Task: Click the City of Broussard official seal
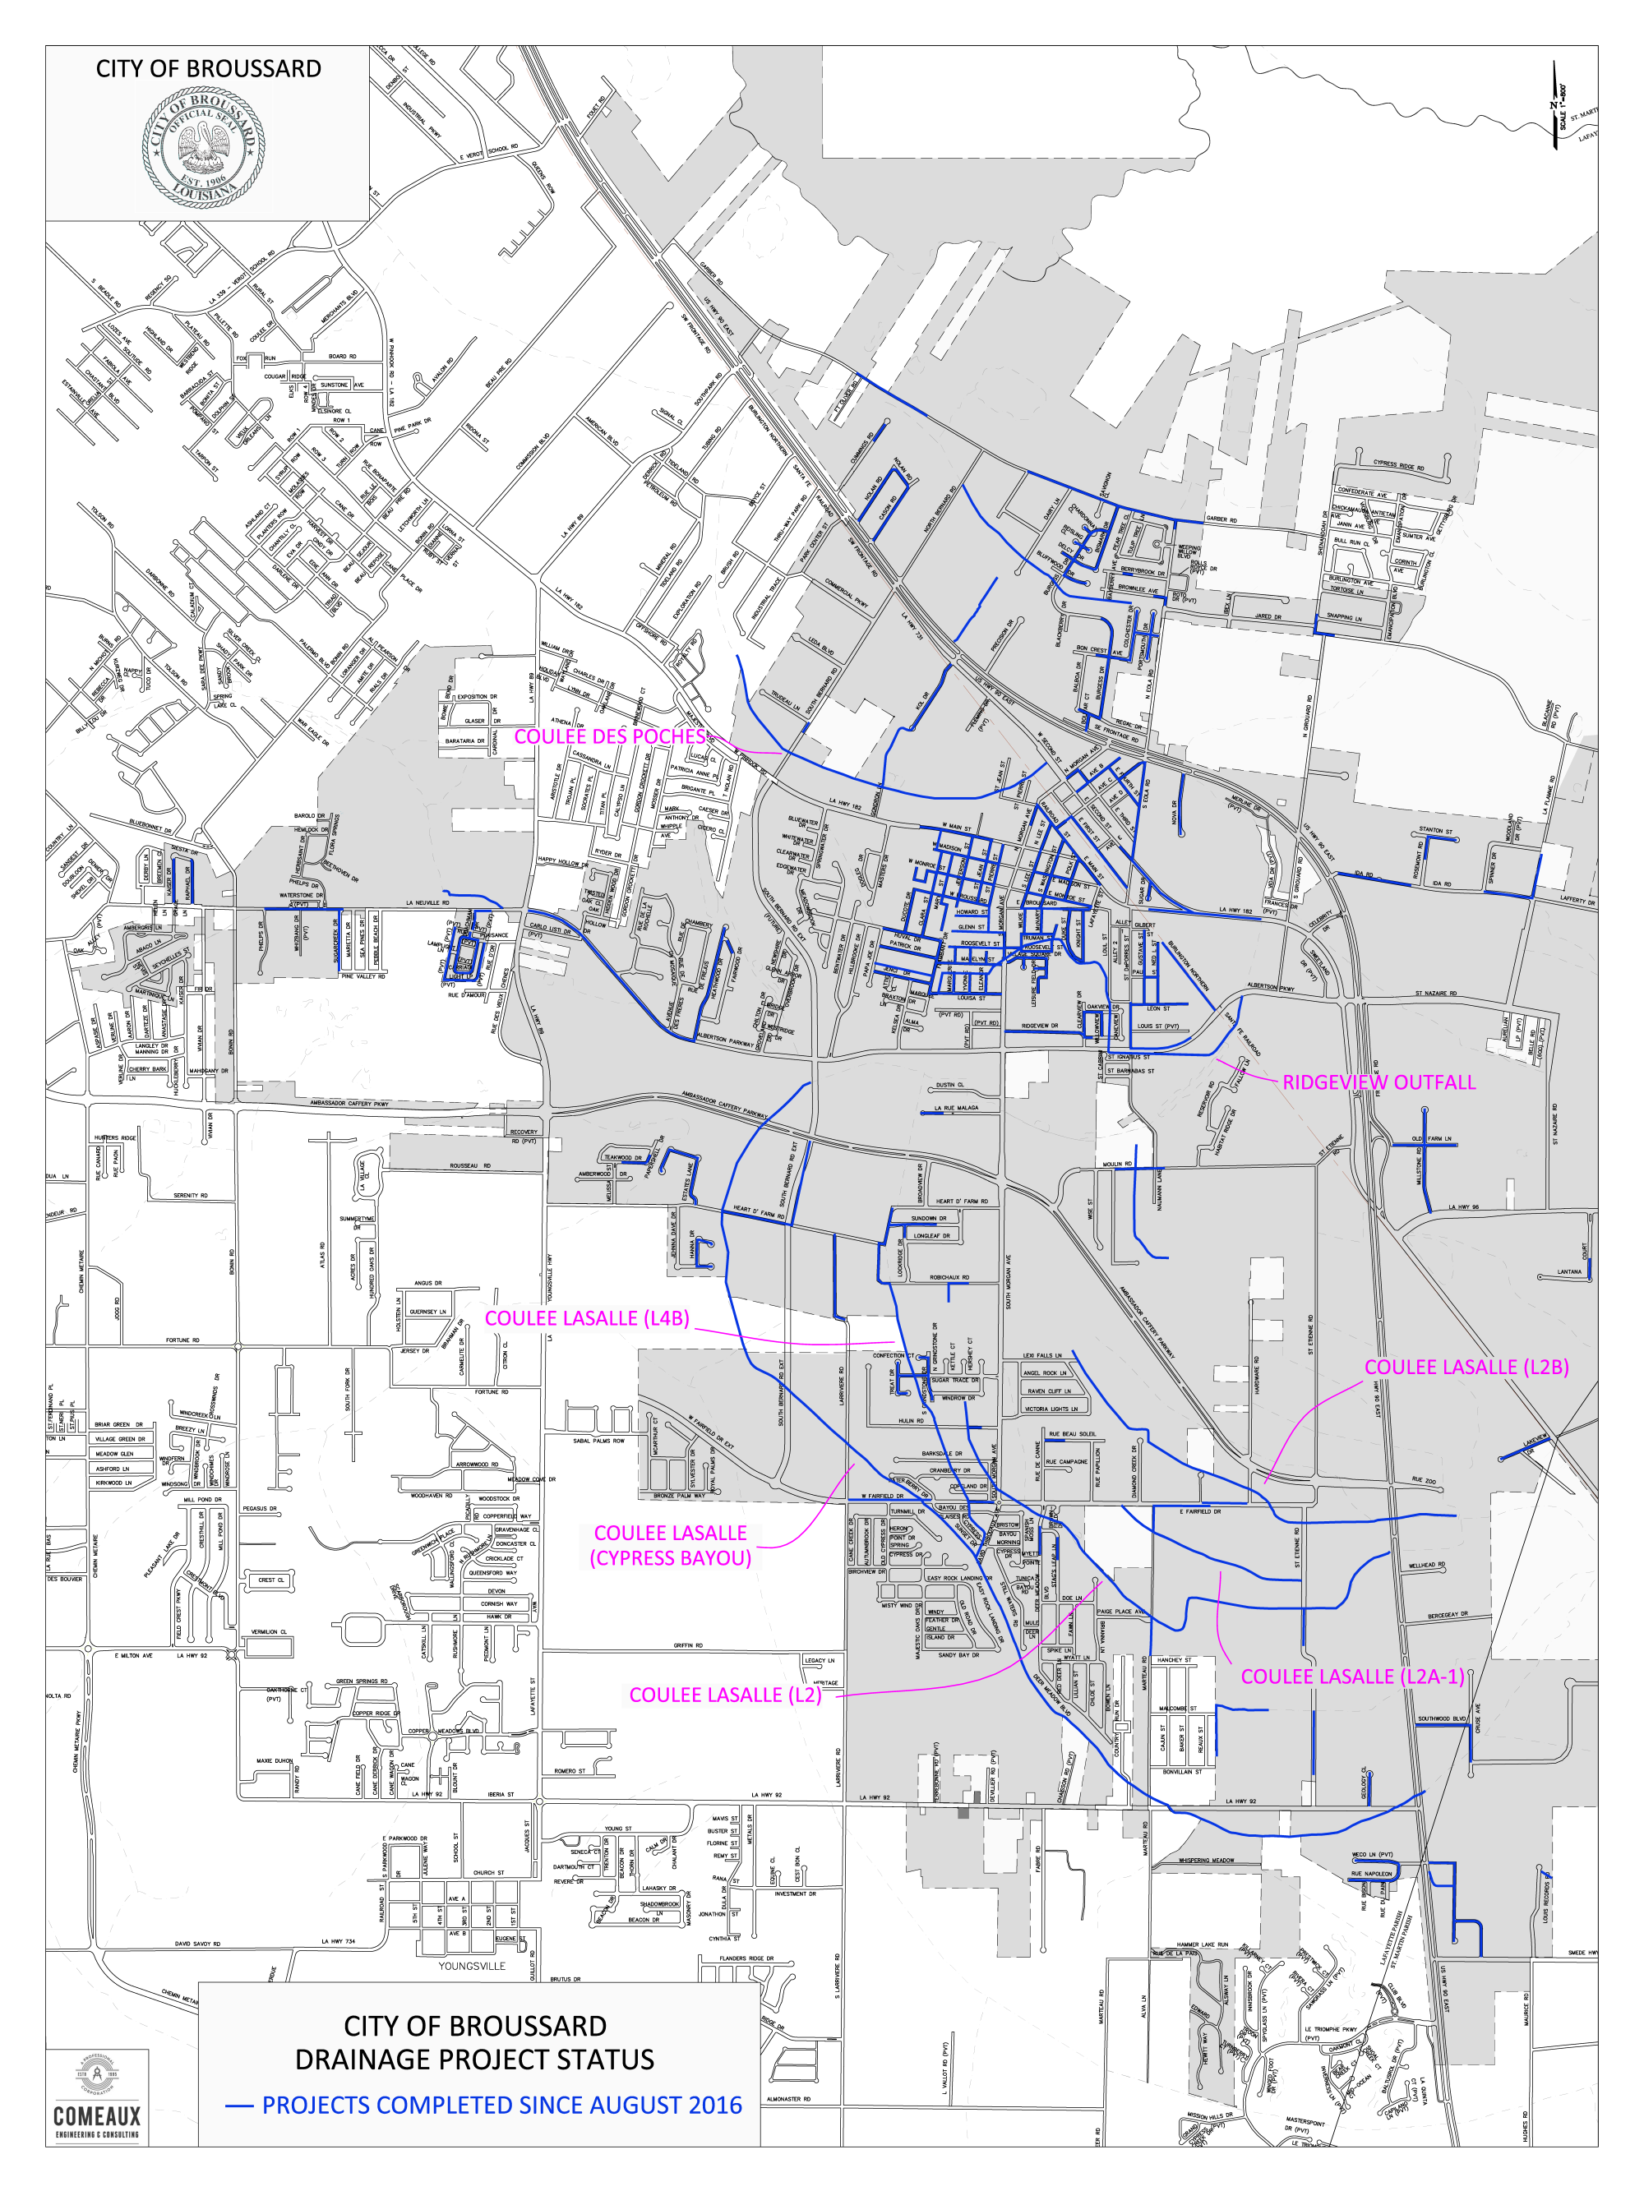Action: [203, 149]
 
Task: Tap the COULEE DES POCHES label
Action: [609, 737]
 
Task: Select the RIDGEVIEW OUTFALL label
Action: [1378, 1082]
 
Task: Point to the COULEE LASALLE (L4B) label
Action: [587, 1318]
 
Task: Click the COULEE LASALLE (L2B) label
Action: [1466, 1367]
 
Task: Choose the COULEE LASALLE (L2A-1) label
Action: [1351, 1677]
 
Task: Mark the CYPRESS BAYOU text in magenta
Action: [670, 1558]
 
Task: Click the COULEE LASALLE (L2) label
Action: [725, 1695]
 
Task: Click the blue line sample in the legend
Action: [239, 2106]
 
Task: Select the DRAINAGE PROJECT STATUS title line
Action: [474, 2060]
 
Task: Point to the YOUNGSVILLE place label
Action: [472, 1966]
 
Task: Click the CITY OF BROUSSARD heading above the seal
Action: [208, 69]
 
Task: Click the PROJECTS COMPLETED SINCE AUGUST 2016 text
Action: [501, 2106]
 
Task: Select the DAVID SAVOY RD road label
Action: [197, 1944]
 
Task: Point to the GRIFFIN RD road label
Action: [688, 1646]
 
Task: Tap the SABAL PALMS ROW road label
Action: [598, 1441]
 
